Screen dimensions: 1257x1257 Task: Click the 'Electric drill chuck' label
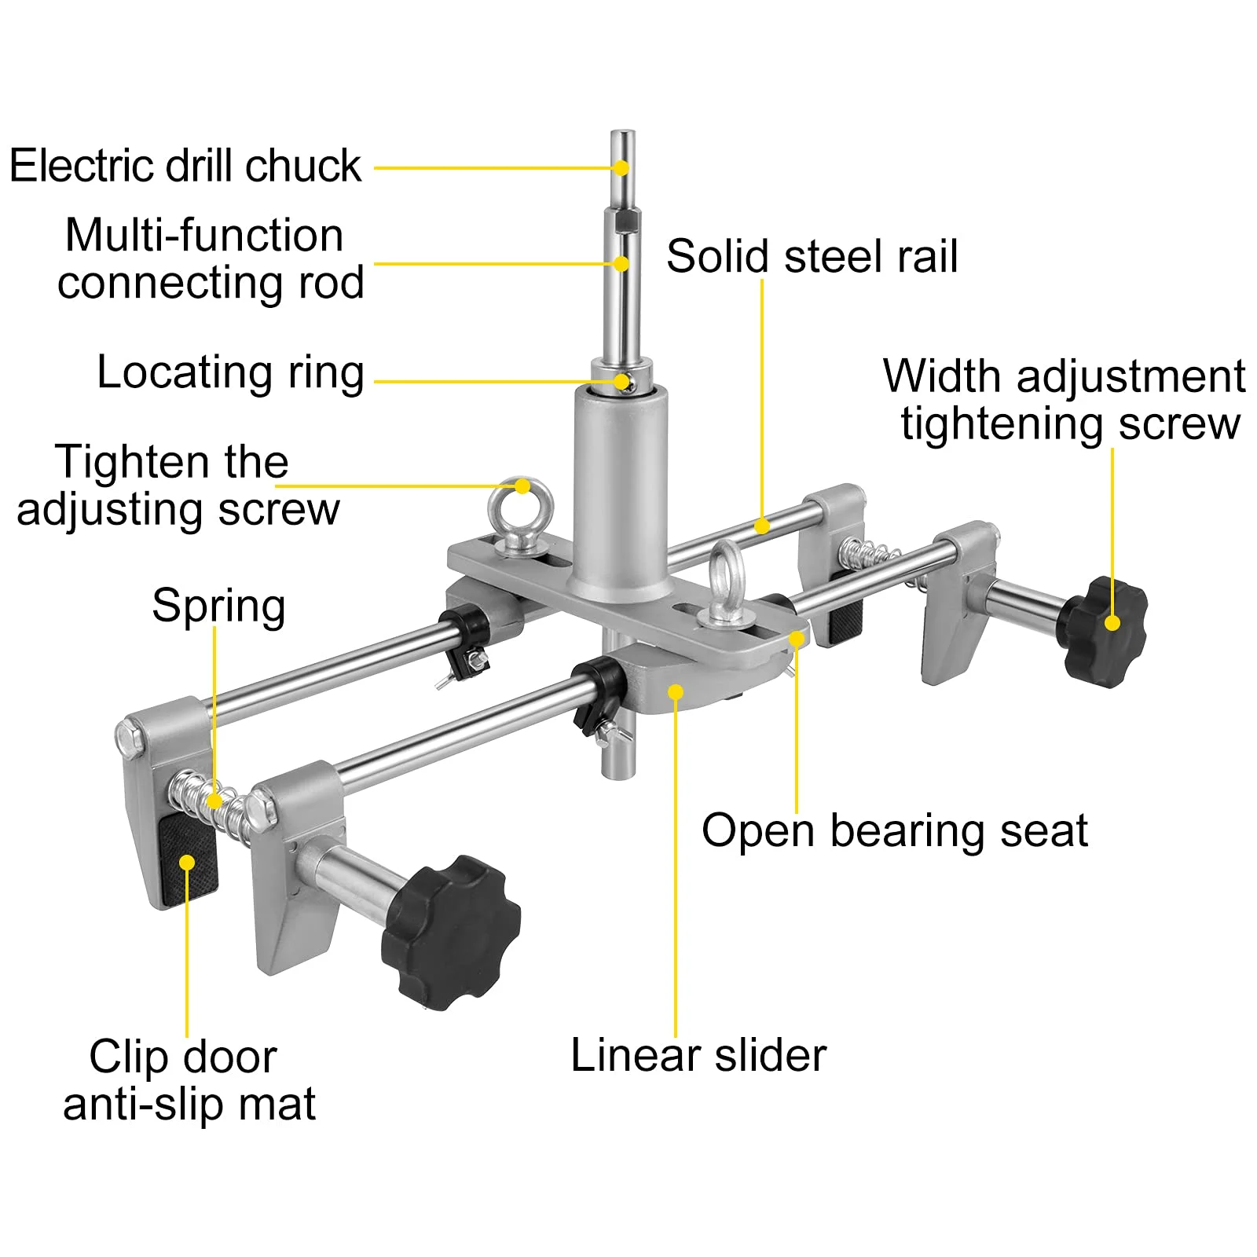point(185,167)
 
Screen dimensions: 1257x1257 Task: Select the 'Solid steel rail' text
point(812,256)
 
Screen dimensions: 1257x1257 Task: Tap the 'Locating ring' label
point(230,372)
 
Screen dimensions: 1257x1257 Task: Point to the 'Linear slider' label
point(698,1055)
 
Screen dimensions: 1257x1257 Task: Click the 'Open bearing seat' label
point(894,830)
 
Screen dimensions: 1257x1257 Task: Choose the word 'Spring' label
point(218,606)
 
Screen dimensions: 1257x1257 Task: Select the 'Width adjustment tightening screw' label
point(1065,400)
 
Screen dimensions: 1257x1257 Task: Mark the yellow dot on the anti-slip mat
point(187,863)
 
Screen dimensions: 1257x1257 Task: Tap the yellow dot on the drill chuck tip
point(621,167)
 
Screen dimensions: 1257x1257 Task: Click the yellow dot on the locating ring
point(625,383)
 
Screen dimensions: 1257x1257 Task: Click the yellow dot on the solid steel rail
point(761,526)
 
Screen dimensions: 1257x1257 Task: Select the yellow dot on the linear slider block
point(676,691)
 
